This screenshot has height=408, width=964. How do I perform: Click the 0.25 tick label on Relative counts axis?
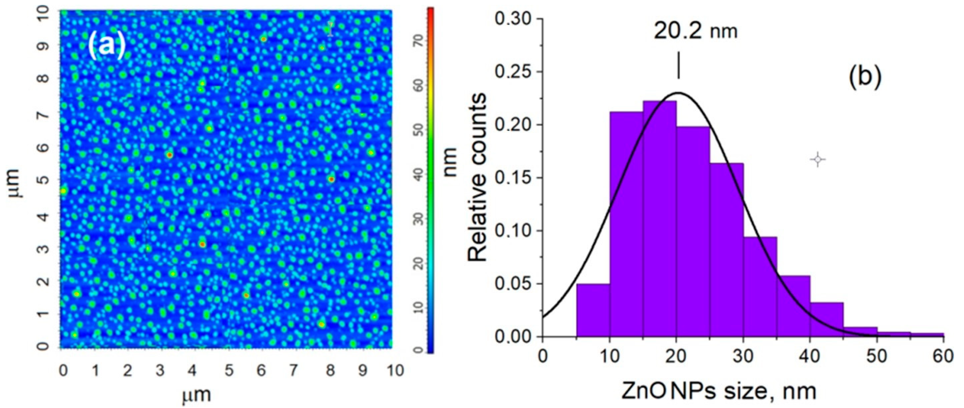pos(514,72)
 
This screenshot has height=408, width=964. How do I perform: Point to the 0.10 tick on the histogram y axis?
pos(514,231)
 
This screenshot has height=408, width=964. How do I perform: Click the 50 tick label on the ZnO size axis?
pos(877,357)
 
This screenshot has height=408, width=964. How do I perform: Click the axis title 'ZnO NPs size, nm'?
pos(718,391)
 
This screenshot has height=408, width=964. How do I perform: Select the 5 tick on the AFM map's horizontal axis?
pos(229,371)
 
